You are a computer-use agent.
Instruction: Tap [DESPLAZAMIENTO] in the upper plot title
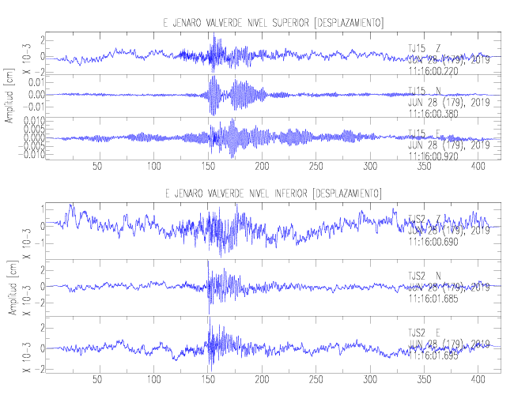[x=349, y=24]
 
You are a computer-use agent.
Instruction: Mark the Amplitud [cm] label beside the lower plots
[x=9, y=288]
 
